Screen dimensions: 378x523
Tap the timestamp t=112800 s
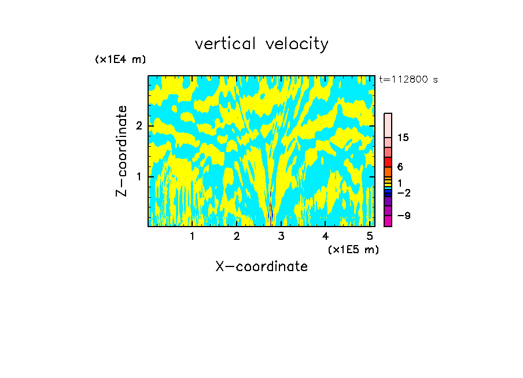click(408, 80)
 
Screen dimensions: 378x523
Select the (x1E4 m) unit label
click(120, 60)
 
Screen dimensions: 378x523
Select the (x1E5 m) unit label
click(353, 249)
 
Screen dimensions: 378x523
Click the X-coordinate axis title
click(261, 266)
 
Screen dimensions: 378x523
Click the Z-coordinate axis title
click(121, 151)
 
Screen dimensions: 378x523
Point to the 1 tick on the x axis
click(192, 236)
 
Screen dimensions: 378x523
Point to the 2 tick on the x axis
click(237, 236)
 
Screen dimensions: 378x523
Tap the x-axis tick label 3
click(281, 236)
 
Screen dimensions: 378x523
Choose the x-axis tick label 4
click(326, 236)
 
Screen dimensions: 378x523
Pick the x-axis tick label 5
click(370, 236)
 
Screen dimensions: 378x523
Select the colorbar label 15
click(403, 138)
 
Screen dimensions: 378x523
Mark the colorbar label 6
click(400, 167)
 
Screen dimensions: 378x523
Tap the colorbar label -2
click(403, 192)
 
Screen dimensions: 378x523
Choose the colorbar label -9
click(403, 216)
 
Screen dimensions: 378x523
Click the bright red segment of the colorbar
click(388, 161)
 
